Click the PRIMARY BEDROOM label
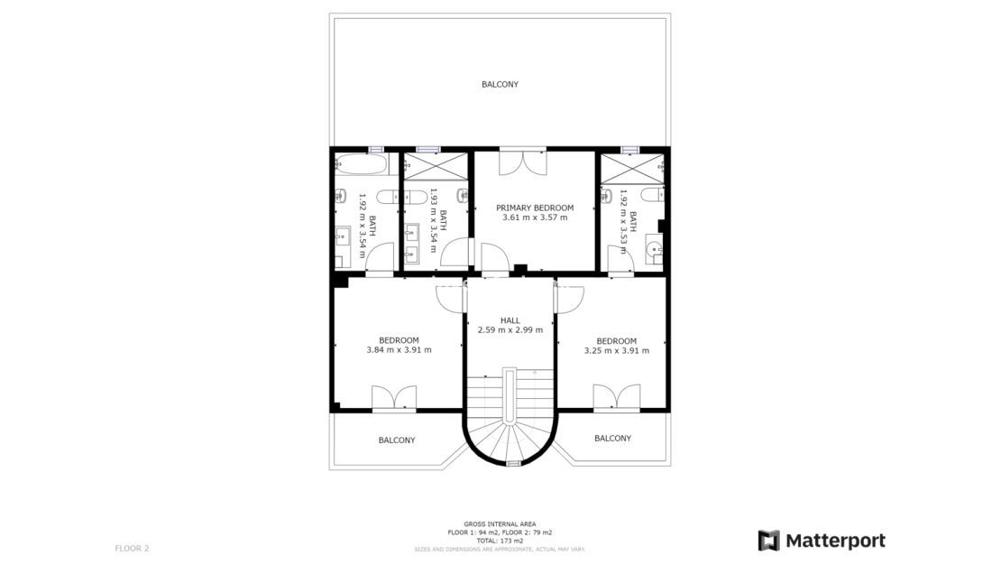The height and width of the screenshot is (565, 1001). pos(535,208)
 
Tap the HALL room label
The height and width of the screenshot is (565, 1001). pos(510,320)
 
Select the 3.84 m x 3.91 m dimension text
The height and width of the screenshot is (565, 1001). pos(399,350)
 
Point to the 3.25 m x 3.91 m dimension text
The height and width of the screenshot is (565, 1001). pos(617,351)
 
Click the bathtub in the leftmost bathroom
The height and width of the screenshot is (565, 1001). pos(361,165)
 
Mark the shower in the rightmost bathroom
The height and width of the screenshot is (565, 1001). pos(630,168)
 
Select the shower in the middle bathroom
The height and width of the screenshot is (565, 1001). pos(436,167)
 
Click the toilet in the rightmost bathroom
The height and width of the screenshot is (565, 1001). pos(651,195)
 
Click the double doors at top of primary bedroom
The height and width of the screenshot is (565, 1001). pos(521,162)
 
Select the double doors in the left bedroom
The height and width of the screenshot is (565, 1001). pos(394,398)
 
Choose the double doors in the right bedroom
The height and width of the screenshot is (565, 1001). pos(616,397)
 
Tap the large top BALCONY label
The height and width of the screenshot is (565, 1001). pos(500,85)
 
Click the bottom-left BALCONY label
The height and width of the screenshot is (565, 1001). pos(397,440)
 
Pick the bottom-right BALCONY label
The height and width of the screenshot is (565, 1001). pos(612,439)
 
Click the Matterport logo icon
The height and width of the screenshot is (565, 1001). pos(768,541)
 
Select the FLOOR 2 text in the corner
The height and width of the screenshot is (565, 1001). pos(132,548)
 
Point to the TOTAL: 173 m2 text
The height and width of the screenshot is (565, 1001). pos(500,540)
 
